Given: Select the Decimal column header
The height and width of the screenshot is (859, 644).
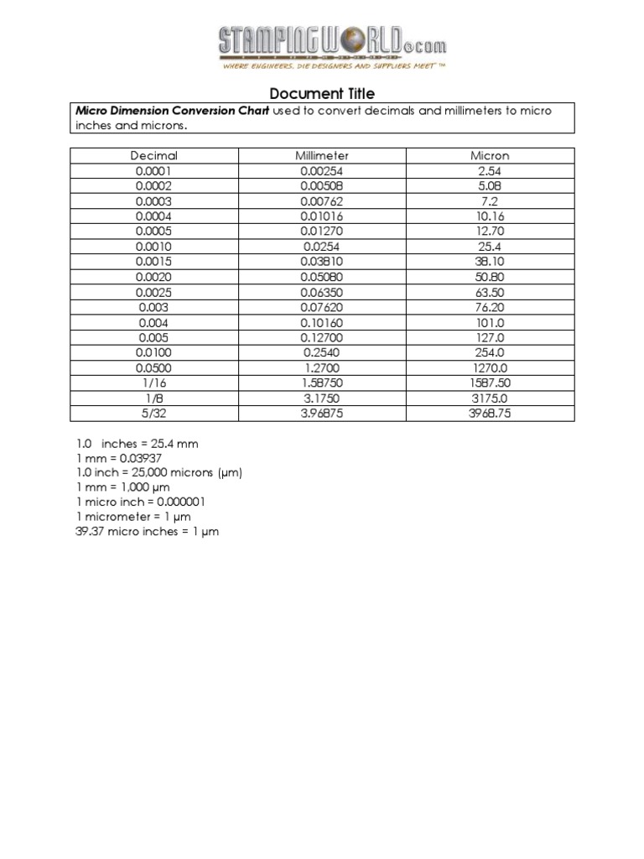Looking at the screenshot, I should [154, 155].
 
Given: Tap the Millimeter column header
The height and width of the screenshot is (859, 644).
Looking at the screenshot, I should [322, 155].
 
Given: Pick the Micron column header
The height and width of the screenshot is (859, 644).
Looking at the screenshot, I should [491, 155].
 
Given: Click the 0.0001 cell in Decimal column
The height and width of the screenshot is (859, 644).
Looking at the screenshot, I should [154, 170].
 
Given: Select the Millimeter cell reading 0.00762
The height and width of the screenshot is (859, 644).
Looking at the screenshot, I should [322, 200].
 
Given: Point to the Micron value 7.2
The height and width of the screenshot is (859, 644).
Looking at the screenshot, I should [491, 200].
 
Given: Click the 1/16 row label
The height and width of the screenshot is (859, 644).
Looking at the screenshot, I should [154, 383].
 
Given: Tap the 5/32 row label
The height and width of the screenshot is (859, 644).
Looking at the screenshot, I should [154, 413].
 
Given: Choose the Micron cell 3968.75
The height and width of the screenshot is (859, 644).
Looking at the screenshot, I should [491, 413].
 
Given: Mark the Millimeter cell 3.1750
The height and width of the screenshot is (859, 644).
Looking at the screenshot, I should [322, 398].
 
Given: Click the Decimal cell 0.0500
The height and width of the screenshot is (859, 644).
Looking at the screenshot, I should [154, 367].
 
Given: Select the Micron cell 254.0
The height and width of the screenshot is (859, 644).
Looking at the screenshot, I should [491, 352].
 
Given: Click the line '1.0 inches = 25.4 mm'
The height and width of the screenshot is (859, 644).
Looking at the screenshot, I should [137, 443].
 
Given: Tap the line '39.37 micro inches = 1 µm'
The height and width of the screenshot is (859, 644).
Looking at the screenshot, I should [147, 533].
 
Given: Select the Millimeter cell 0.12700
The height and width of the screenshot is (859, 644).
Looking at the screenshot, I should [322, 337].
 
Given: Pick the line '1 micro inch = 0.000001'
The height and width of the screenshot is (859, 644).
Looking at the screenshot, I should [139, 502].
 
